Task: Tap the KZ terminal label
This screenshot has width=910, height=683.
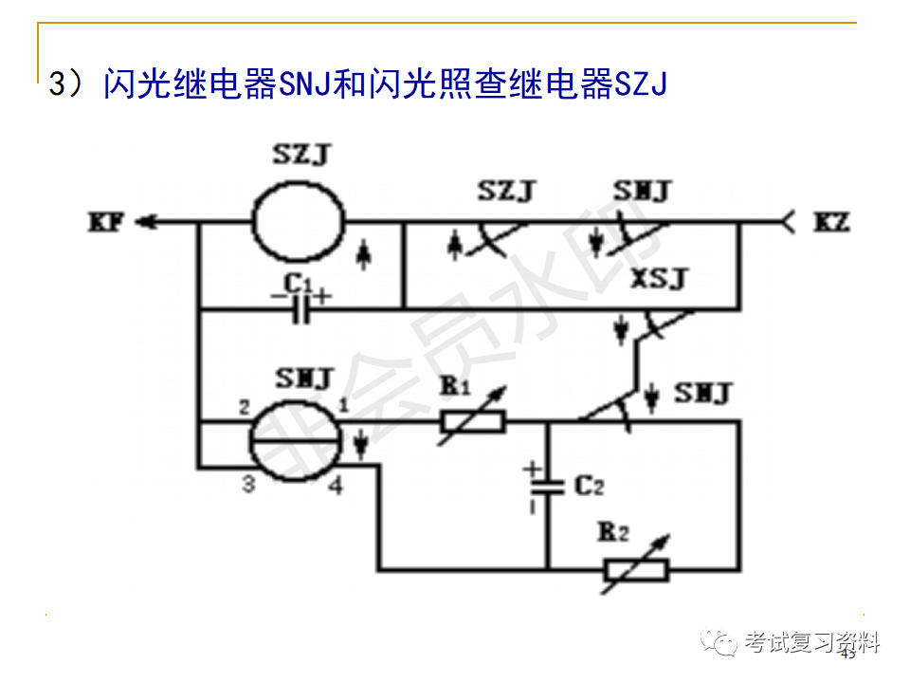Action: (831, 224)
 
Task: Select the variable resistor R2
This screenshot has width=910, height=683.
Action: (635, 569)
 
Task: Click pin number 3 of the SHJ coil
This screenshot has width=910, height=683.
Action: (248, 485)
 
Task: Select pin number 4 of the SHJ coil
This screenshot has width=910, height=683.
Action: (335, 486)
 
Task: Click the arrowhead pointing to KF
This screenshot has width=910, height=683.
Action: (144, 224)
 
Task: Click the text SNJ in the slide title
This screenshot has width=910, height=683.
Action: (303, 84)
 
